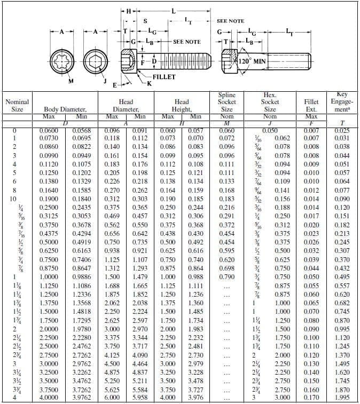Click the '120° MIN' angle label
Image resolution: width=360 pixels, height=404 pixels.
(252, 61)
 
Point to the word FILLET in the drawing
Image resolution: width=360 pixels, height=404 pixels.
(164, 77)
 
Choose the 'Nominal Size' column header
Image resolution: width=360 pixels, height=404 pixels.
(17, 105)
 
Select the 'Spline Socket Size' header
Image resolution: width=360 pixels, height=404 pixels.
(227, 102)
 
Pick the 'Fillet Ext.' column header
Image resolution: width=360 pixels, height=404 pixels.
(311, 105)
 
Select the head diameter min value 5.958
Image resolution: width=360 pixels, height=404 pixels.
(140, 397)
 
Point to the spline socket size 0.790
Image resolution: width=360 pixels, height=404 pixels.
(227, 277)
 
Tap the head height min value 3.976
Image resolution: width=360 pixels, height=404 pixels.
(196, 397)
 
